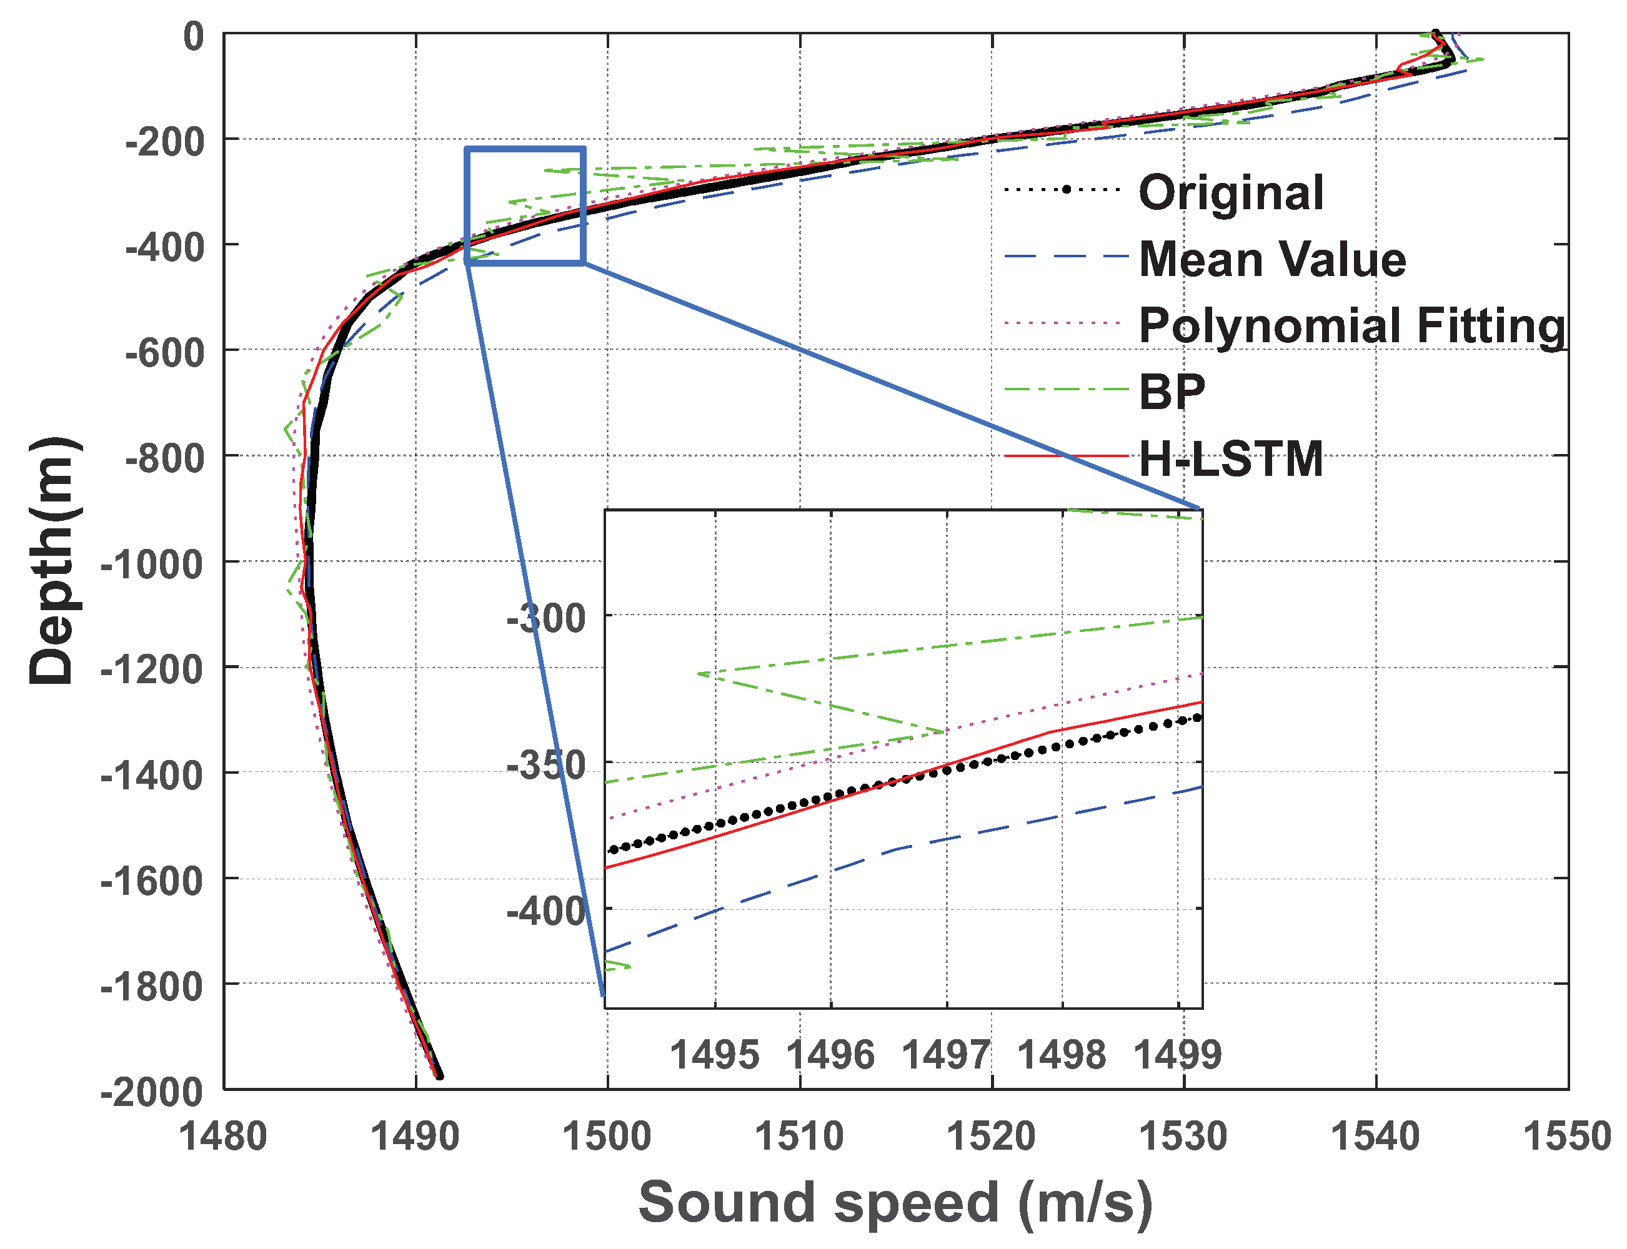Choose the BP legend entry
[1171, 391]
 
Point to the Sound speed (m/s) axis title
[895, 1202]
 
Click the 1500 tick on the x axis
[607, 1136]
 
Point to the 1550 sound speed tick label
[1567, 1136]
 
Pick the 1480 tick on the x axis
[223, 1136]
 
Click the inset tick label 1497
[946, 1054]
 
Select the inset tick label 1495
[715, 1054]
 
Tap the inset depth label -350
[546, 765]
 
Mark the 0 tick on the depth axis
[193, 36]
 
